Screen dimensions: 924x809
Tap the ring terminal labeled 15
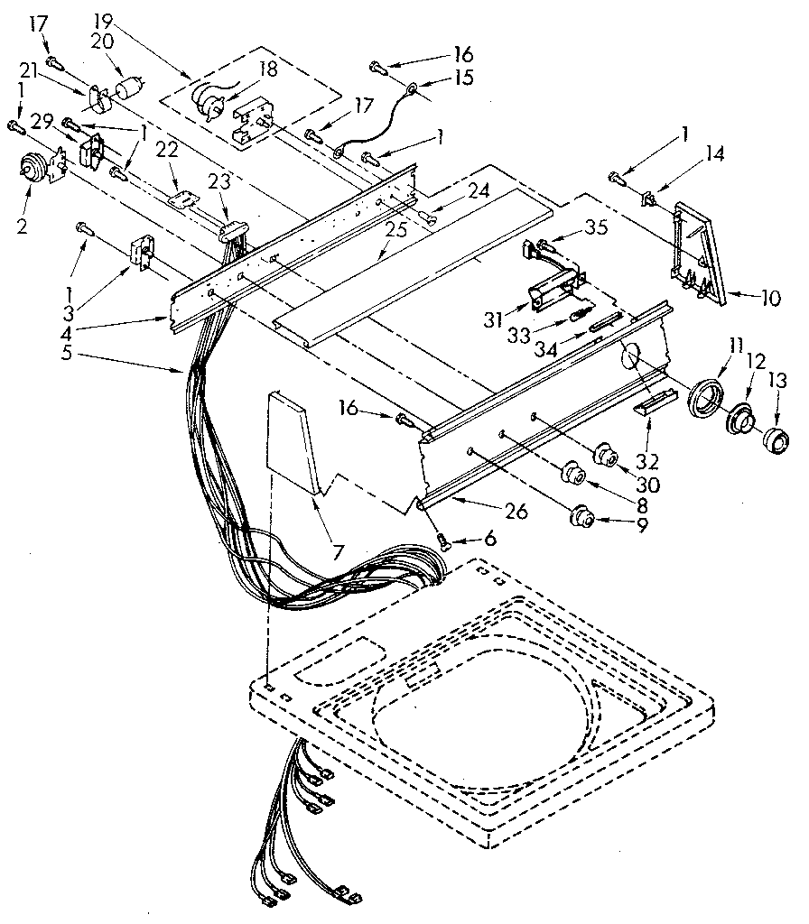click(412, 88)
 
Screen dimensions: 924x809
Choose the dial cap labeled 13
click(772, 442)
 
